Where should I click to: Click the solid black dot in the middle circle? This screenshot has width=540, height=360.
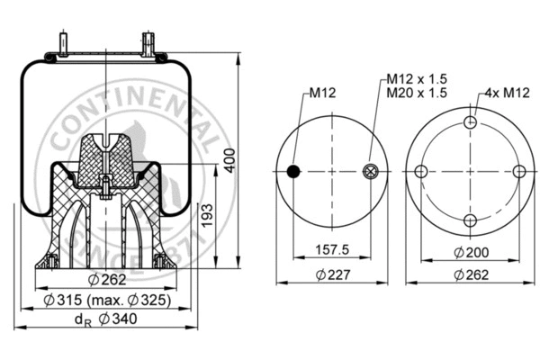[x=292, y=172]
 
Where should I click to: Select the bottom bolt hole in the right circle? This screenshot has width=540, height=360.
[x=469, y=220]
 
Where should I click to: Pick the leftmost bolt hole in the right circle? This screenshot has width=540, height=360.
[x=420, y=172]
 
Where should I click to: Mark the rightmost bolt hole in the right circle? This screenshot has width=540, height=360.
[x=518, y=172]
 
